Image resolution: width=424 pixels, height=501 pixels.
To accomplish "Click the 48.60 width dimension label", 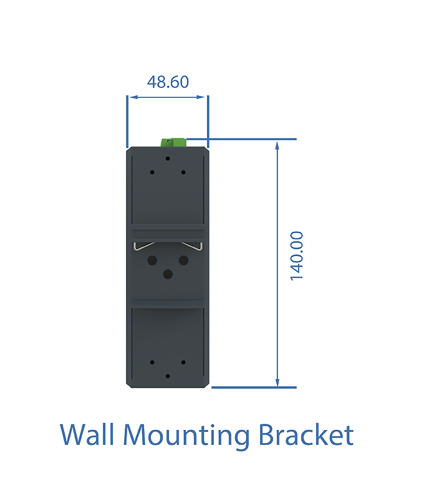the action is (168, 82).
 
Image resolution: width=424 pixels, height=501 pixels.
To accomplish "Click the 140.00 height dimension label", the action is (297, 256).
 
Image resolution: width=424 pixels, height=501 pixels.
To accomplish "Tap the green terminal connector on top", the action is (173, 143).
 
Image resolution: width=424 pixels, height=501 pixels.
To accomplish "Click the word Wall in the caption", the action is (87, 434).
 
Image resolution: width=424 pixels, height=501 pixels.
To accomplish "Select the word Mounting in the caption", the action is (186, 436).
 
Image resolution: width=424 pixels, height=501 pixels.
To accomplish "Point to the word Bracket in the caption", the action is (306, 434).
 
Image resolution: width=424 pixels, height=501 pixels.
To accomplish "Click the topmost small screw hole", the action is (168, 158).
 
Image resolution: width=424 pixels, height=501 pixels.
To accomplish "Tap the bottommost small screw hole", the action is (168, 376).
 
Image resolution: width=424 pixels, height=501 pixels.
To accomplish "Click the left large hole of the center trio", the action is (152, 260).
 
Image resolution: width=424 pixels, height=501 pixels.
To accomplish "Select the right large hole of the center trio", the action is (183, 260).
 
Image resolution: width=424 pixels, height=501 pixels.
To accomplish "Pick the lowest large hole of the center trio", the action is (168, 274).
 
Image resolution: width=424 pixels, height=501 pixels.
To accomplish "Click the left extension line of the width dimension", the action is (127, 121).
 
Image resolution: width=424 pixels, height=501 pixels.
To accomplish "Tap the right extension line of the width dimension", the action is (208, 121).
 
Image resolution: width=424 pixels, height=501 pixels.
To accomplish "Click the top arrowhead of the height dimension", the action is (277, 145).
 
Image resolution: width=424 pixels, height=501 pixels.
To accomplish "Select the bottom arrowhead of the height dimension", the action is (277, 382).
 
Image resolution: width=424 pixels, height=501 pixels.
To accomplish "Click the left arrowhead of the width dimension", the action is (133, 97).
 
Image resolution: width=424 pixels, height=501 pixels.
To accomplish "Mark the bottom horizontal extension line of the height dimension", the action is (254, 388).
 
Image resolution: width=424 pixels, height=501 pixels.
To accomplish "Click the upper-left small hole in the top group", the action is (152, 172).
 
